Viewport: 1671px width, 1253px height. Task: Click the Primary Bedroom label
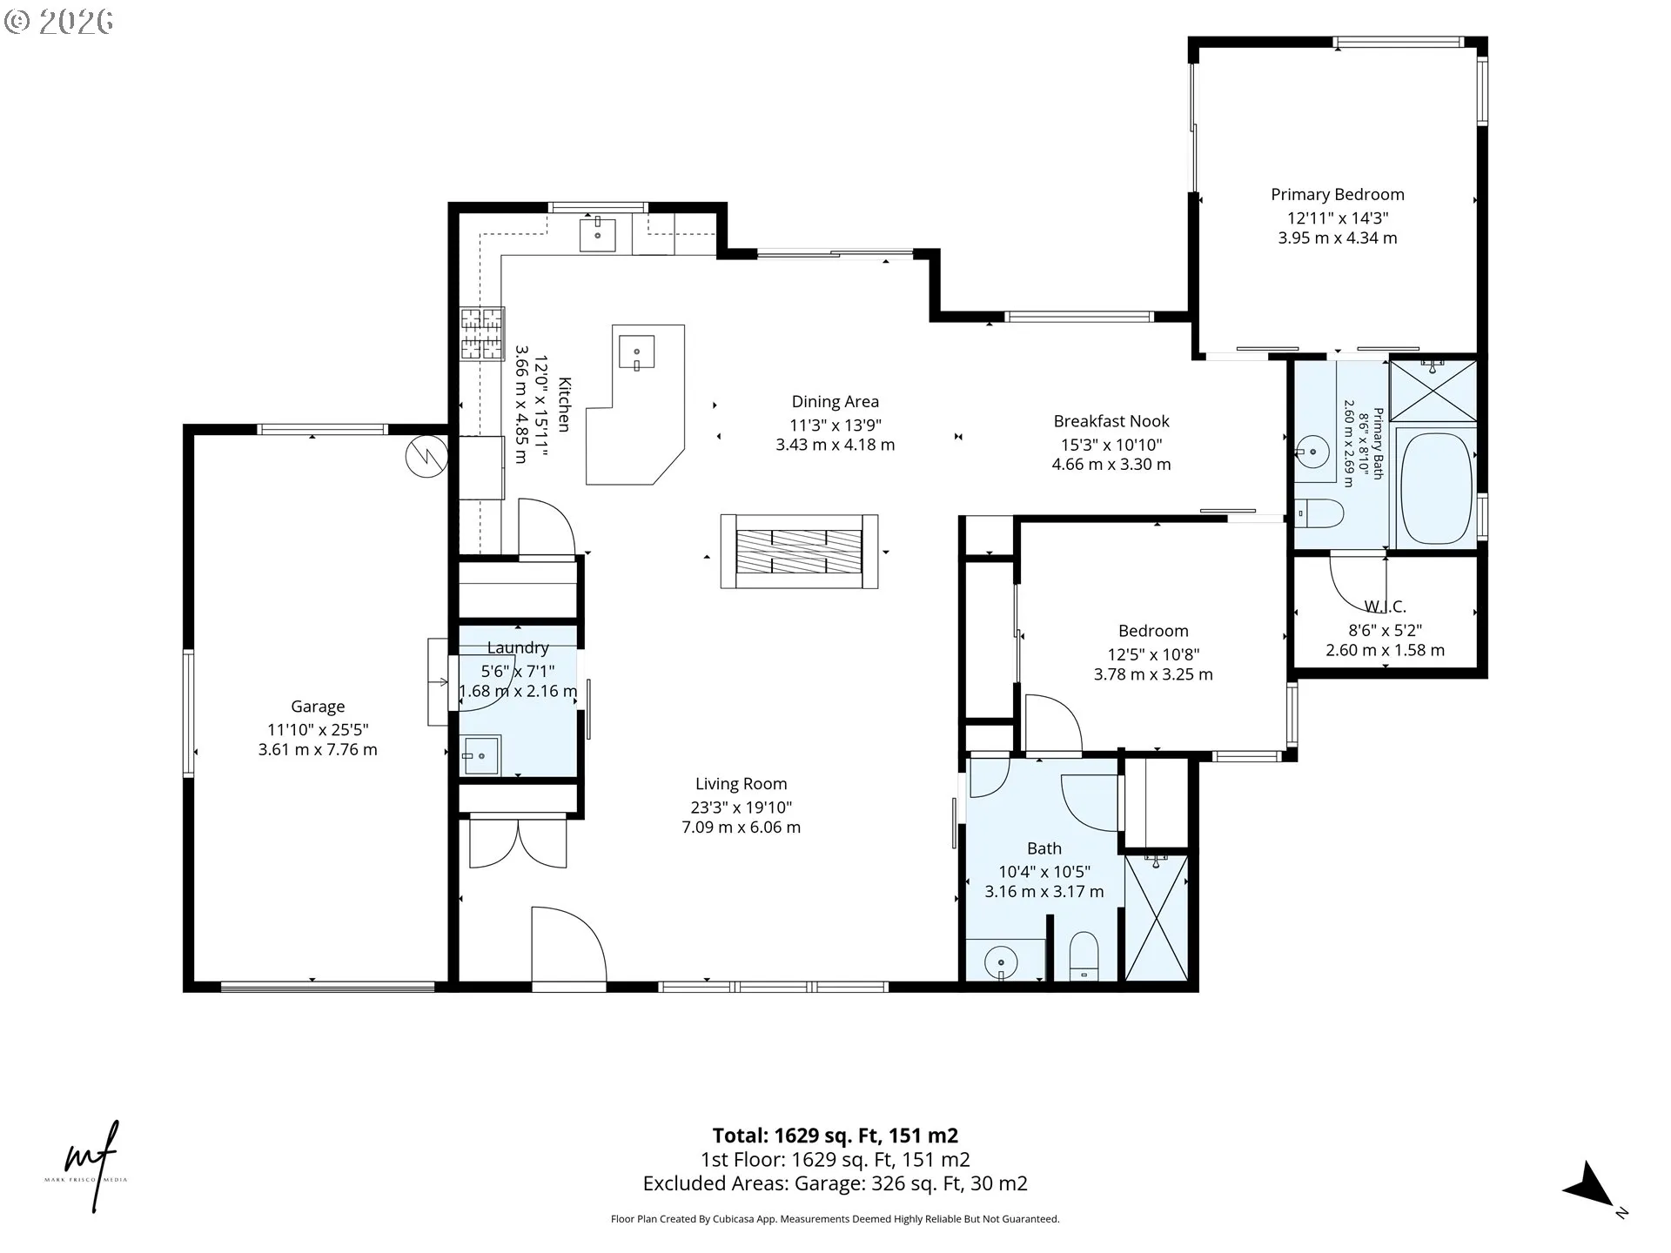[x=1338, y=194]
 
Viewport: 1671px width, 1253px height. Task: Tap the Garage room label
[x=318, y=707]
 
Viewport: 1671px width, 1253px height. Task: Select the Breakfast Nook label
[x=1111, y=421]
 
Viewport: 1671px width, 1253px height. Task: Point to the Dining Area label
[x=835, y=401]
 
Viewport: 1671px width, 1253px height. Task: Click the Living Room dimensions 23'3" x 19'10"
[x=742, y=807]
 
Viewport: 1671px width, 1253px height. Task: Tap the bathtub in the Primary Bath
[x=1436, y=488]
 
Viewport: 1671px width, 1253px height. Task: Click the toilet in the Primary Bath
[x=1319, y=513]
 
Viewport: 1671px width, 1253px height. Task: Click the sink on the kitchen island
[x=637, y=352]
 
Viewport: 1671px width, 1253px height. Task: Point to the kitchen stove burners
[x=482, y=334]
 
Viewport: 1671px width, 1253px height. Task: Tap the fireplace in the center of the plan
[x=799, y=551]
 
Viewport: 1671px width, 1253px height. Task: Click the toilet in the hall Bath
[x=1084, y=955]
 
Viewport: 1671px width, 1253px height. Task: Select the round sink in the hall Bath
[x=1001, y=962]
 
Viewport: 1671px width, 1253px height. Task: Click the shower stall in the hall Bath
[x=1157, y=917]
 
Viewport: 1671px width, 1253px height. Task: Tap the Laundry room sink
[x=480, y=755]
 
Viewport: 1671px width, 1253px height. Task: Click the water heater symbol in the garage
[x=426, y=456]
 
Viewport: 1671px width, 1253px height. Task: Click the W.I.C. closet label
[x=1385, y=606]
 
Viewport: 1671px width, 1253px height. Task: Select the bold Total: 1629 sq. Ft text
[x=835, y=1136]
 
